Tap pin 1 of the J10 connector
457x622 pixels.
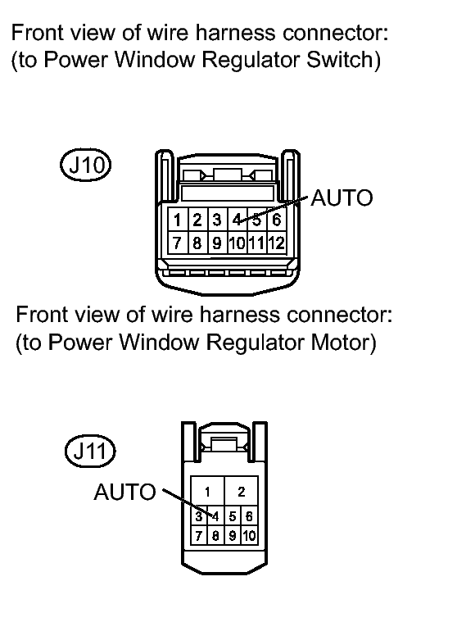[178, 220]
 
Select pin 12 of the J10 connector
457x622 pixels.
[277, 243]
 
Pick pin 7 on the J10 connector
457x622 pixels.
[178, 243]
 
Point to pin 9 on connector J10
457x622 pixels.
[217, 243]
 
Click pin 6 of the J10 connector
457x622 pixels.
[277, 220]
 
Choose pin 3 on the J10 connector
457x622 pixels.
[217, 220]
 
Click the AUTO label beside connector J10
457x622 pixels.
[342, 198]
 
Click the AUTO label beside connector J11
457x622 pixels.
[124, 492]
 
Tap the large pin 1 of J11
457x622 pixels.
[207, 492]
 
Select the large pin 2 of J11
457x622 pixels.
[242, 492]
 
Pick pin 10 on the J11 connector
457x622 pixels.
[249, 536]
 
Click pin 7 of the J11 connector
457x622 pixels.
[199, 536]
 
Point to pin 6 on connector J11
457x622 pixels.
[249, 516]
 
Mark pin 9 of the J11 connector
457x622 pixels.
[233, 536]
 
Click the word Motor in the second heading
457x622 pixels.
[343, 342]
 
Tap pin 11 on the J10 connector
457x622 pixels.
[257, 243]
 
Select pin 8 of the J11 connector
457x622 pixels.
[215, 536]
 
